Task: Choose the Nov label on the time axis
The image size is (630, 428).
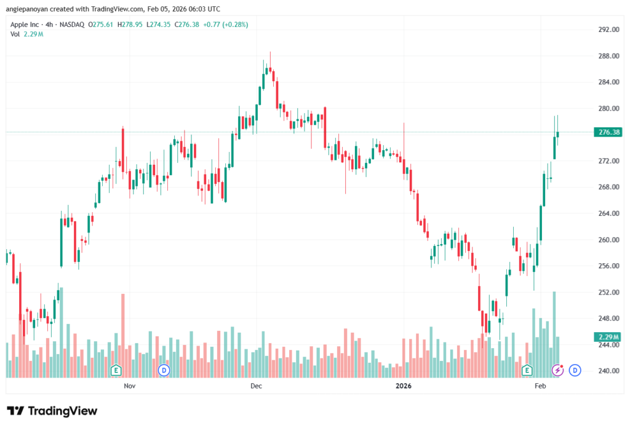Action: [129, 386]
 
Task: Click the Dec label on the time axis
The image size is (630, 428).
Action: [257, 386]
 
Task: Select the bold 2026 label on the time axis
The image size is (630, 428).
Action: [404, 386]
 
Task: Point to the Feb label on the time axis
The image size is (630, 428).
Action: [540, 386]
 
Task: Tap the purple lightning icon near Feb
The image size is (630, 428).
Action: [557, 370]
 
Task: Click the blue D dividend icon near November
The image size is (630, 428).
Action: [164, 370]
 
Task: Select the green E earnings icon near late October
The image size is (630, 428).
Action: [115, 370]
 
